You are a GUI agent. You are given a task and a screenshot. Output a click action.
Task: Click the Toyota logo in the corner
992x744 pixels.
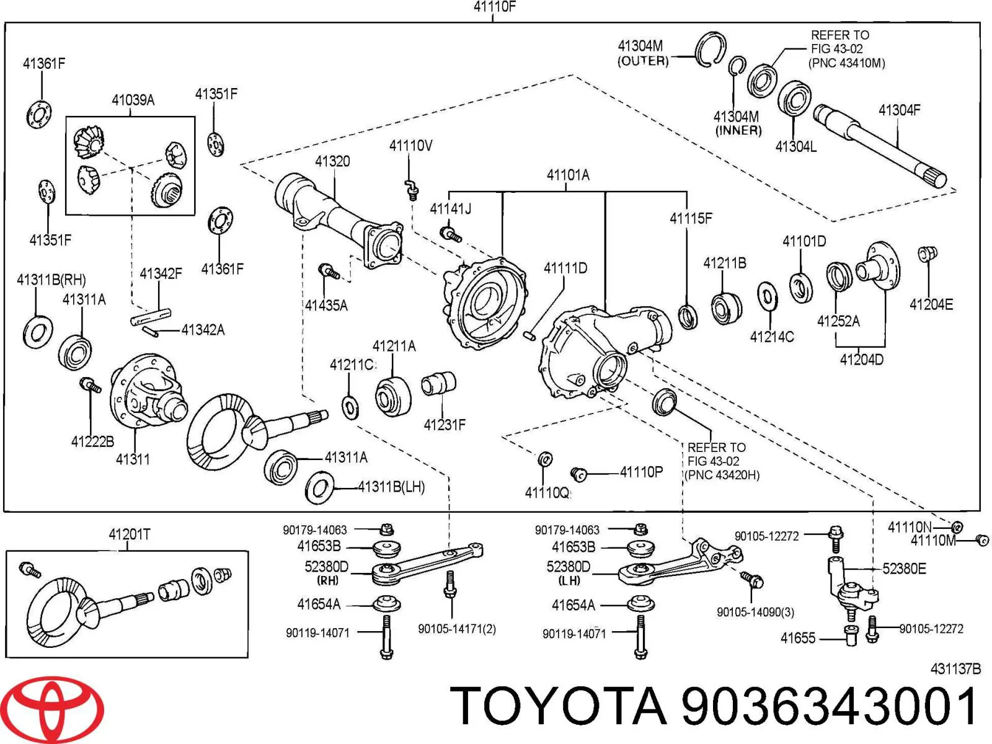pos(59,709)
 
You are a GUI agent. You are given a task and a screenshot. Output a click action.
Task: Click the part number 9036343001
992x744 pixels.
pos(830,707)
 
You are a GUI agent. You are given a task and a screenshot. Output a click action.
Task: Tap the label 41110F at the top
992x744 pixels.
pos(495,7)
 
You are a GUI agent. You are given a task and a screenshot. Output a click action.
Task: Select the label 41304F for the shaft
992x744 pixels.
pos(899,110)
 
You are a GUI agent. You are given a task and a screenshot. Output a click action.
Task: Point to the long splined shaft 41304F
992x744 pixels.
pos(880,146)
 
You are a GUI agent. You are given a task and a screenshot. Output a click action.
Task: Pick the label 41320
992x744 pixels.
pos(332,161)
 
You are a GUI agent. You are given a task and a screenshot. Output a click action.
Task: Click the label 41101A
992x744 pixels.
pos(567,175)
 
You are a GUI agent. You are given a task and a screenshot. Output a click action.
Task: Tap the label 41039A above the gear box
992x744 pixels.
pos(133,100)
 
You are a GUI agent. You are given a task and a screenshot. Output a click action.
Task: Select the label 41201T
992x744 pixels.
pos(129,534)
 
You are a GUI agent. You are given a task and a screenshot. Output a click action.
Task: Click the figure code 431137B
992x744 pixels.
pos(955,669)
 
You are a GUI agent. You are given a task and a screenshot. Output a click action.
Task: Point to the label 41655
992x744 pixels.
pos(798,638)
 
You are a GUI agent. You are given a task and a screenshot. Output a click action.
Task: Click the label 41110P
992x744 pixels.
pos(641,472)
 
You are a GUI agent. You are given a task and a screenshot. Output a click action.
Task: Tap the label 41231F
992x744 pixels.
pos(444,425)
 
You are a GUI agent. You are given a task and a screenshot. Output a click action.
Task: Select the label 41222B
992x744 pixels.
pos(92,441)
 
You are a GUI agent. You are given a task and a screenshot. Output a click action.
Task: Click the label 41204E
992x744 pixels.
pos(931,304)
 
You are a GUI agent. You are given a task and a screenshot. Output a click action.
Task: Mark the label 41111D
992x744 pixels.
pos(565,268)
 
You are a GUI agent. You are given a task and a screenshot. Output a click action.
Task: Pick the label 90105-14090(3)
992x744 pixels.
pos(755,612)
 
